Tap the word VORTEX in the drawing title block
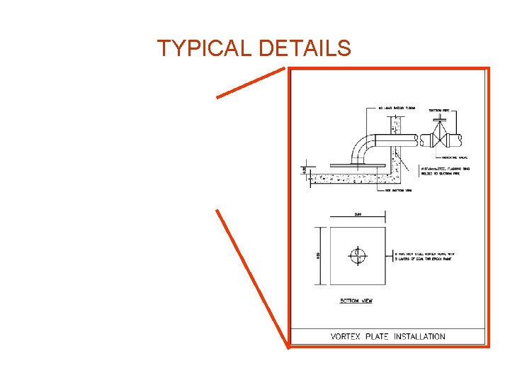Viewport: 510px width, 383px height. (346, 336)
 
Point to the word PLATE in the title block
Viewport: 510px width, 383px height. (378, 336)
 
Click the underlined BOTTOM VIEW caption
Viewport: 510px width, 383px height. (356, 301)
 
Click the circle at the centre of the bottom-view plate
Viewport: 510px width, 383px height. (358, 255)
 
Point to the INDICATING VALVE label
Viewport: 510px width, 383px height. (456, 158)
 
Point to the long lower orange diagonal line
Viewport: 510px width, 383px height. (251, 276)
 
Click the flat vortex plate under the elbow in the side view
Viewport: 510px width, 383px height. (346, 166)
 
